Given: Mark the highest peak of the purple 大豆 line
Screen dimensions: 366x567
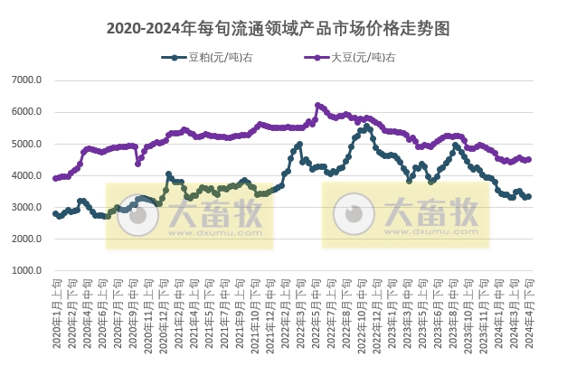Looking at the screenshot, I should pyautogui.click(x=317, y=105).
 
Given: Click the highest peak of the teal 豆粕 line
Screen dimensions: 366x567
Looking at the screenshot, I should pyautogui.click(x=368, y=127).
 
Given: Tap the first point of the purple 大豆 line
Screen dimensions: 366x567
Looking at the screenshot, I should pyautogui.click(x=55, y=178).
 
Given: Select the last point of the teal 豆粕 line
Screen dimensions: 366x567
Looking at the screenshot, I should pyautogui.click(x=529, y=196).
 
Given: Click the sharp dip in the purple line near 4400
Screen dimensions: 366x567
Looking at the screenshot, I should pyautogui.click(x=138, y=164).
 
